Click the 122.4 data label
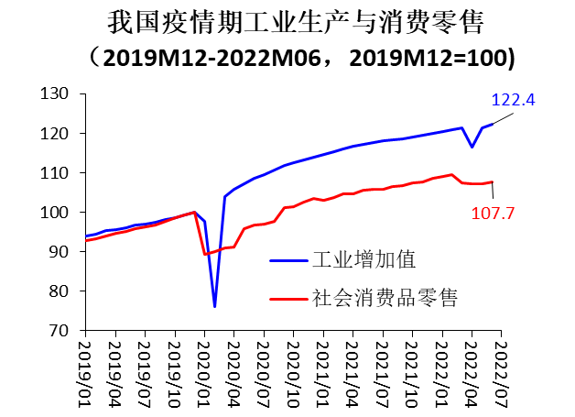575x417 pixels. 515,100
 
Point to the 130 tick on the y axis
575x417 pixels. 57,93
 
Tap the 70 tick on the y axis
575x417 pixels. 61,330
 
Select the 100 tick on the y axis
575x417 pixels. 57,212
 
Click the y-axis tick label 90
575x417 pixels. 61,251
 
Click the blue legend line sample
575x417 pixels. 288,260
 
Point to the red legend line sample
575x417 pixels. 288,298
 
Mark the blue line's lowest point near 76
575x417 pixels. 215,306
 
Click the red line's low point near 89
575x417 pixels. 205,254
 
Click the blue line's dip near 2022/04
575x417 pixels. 472,147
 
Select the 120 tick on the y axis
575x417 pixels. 57,133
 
